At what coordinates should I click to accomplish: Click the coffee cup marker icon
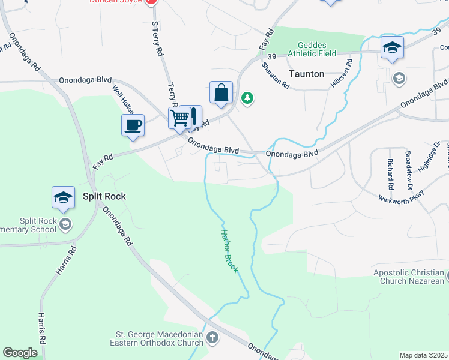pyautogui.click(x=133, y=125)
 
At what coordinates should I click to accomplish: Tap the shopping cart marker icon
pyautogui.click(x=179, y=118)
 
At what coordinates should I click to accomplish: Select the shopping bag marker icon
pyautogui.click(x=221, y=92)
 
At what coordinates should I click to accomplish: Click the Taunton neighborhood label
pyautogui.click(x=306, y=74)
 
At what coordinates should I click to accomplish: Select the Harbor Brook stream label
pyautogui.click(x=229, y=251)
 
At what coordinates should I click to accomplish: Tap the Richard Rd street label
pyautogui.click(x=390, y=170)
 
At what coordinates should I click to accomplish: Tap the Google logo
pyautogui.click(x=20, y=353)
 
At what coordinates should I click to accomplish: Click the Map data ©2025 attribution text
pyautogui.click(x=423, y=355)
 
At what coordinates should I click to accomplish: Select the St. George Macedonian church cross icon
pyautogui.click(x=212, y=338)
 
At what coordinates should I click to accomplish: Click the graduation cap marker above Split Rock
pyautogui.click(x=63, y=197)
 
